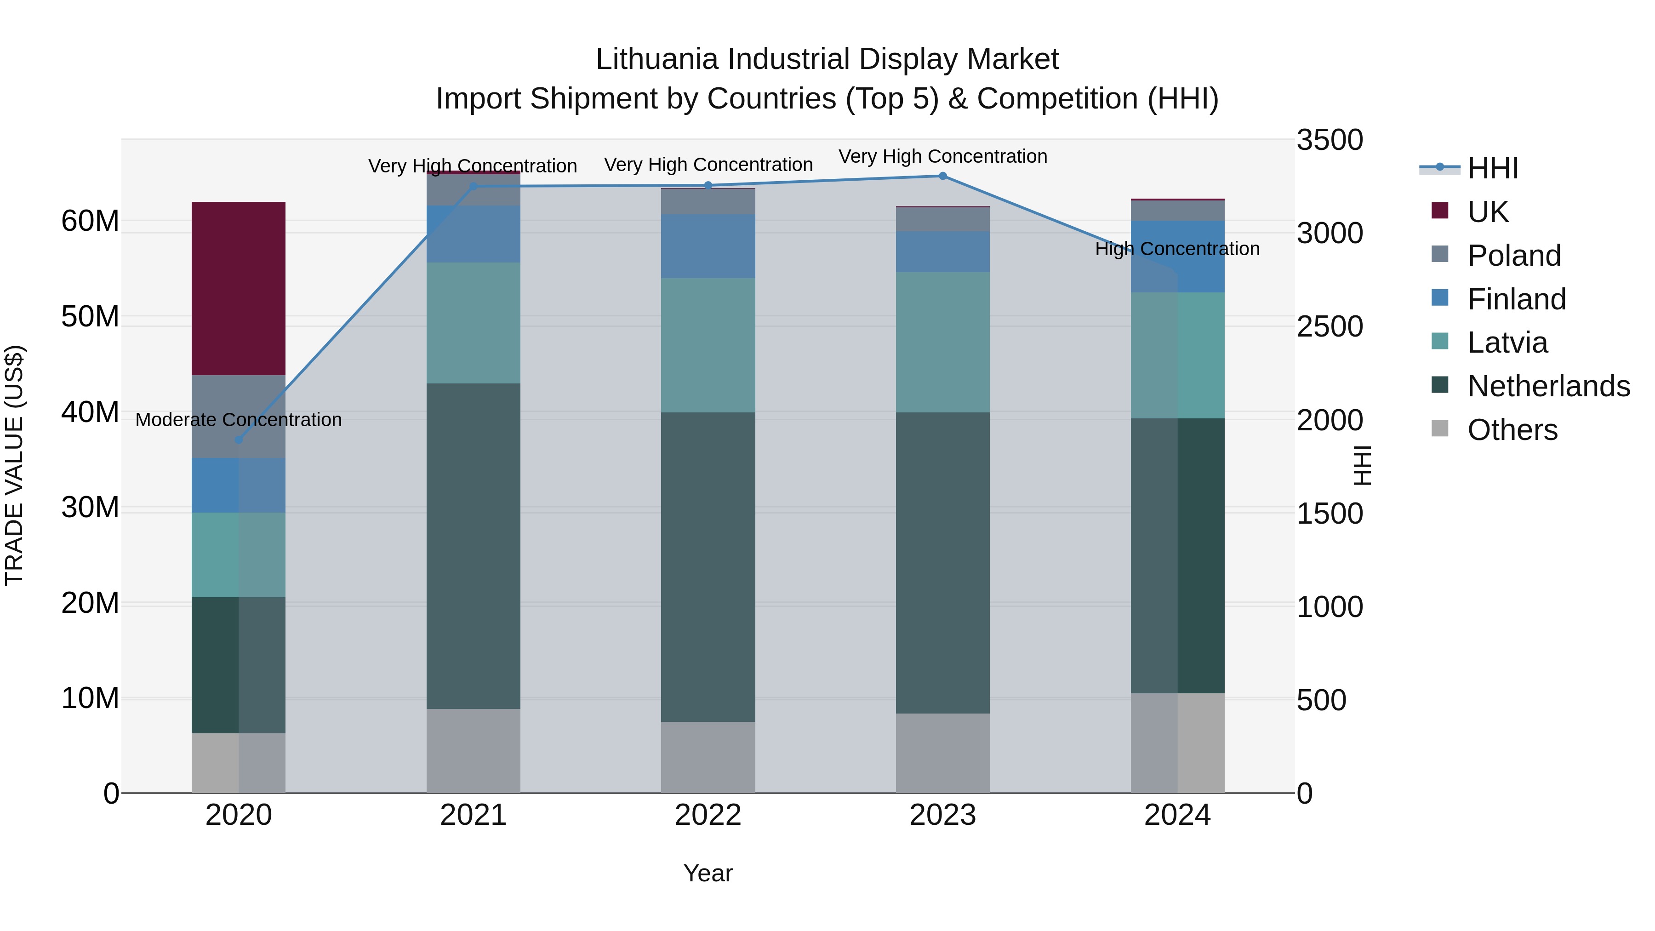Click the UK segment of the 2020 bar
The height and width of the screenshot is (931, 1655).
238,288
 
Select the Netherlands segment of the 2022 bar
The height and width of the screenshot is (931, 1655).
708,567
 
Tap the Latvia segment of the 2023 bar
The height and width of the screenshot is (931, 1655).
942,342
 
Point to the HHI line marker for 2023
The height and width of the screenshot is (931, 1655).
942,176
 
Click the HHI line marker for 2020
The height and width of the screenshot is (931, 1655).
238,440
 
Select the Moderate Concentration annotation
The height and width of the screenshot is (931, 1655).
238,420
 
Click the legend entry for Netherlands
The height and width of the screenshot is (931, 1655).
1548,386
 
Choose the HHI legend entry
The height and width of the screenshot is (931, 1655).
1492,168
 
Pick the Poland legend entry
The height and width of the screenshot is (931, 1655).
1514,256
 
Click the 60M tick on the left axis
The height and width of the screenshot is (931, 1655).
90,221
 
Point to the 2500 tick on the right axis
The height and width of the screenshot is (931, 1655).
1329,326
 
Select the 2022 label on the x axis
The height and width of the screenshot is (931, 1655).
708,815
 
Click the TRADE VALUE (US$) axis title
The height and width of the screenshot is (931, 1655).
14,465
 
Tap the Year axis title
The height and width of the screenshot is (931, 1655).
708,873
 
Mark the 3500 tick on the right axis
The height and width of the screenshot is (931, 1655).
1329,140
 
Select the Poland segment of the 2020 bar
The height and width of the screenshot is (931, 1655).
238,417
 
